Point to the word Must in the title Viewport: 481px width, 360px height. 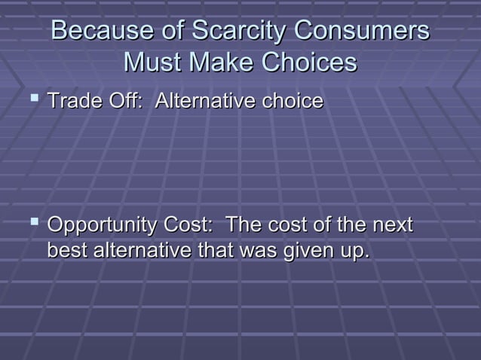[x=149, y=61]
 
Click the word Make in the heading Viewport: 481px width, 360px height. [x=216, y=61]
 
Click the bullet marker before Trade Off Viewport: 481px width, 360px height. [x=35, y=99]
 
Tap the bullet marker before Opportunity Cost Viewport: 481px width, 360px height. [x=35, y=224]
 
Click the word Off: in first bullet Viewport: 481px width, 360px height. [x=125, y=101]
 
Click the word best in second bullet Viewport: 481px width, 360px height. [x=67, y=250]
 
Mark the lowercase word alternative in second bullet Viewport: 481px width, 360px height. [x=141, y=250]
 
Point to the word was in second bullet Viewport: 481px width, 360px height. [x=250, y=250]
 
